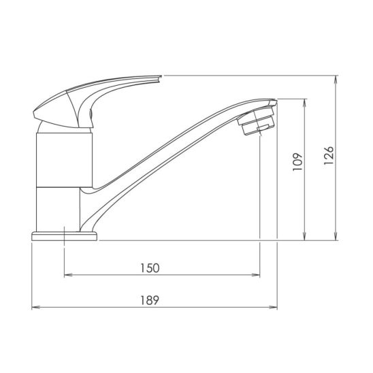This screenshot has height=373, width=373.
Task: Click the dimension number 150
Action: pyautogui.click(x=150, y=268)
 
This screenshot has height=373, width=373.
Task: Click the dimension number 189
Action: pyautogui.click(x=150, y=300)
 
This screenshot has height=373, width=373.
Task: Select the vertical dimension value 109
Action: pyautogui.click(x=297, y=162)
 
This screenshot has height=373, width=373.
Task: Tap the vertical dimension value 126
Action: pyautogui.click(x=329, y=156)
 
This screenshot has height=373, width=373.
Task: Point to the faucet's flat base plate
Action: pyautogui.click(x=64, y=236)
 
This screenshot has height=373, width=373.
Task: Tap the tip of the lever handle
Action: pyautogui.click(x=161, y=77)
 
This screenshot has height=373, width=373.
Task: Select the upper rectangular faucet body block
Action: pyautogui.click(x=64, y=160)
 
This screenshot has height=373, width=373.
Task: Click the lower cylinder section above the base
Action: pyautogui.click(x=58, y=210)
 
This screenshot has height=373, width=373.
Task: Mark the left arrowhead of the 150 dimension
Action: pyautogui.click(x=68, y=275)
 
